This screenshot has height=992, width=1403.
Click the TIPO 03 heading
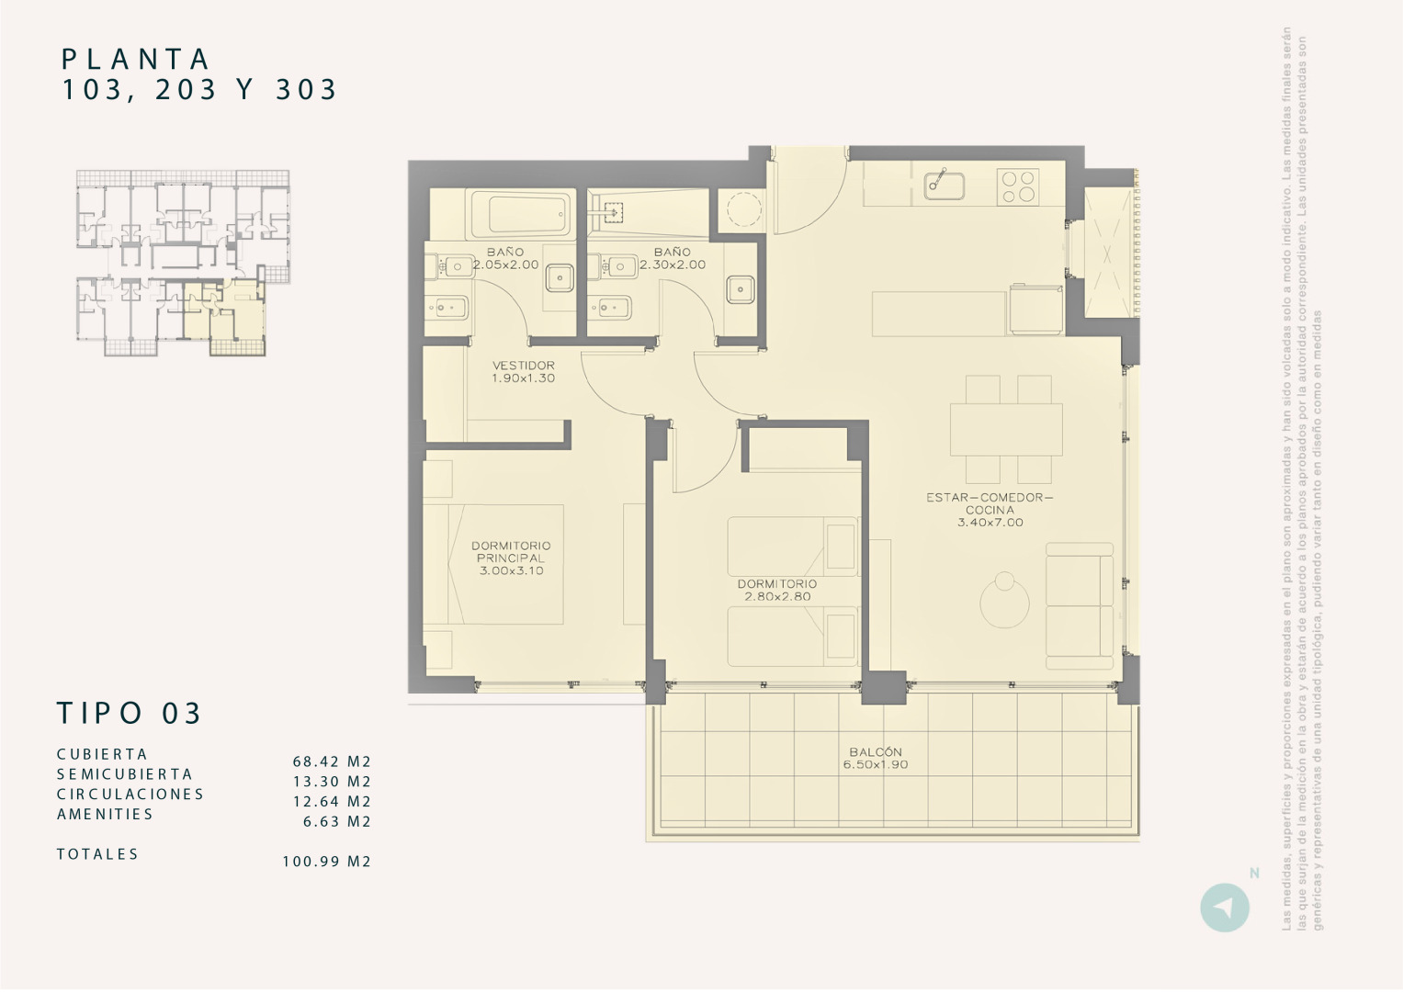point(130,713)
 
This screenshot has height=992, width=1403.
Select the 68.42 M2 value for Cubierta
point(332,761)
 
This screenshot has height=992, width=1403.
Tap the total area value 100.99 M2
point(326,862)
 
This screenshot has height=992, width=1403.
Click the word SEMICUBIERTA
point(125,774)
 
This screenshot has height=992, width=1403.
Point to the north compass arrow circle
point(1224,907)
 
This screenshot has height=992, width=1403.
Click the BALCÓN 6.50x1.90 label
point(876,758)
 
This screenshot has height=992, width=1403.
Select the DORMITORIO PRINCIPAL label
point(511,558)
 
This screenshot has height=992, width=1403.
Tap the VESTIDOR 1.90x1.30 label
point(523,371)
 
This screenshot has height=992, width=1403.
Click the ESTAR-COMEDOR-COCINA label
point(990,510)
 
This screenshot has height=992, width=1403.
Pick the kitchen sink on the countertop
point(944,185)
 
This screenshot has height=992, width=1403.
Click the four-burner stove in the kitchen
point(1018,187)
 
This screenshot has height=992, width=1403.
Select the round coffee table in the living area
point(1004,603)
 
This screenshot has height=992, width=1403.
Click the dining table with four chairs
point(1006,428)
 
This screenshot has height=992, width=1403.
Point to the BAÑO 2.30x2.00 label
point(673,258)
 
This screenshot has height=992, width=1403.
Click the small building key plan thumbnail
point(183,263)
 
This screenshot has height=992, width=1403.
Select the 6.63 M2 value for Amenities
point(337,822)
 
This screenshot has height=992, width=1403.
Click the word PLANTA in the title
point(136,60)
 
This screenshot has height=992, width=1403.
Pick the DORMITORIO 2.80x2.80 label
point(776,590)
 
